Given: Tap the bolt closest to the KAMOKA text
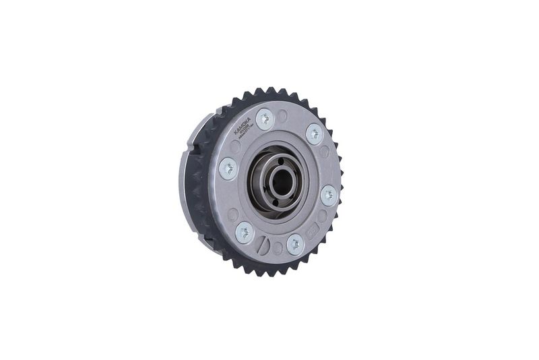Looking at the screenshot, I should pyautogui.click(x=264, y=119).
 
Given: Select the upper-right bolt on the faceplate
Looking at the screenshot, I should pyautogui.click(x=313, y=133).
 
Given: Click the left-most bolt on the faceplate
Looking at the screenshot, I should pyautogui.click(x=228, y=169).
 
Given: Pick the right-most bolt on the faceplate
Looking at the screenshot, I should pyautogui.click(x=328, y=195).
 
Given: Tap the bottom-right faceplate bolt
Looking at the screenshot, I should pyautogui.click(x=294, y=243).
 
